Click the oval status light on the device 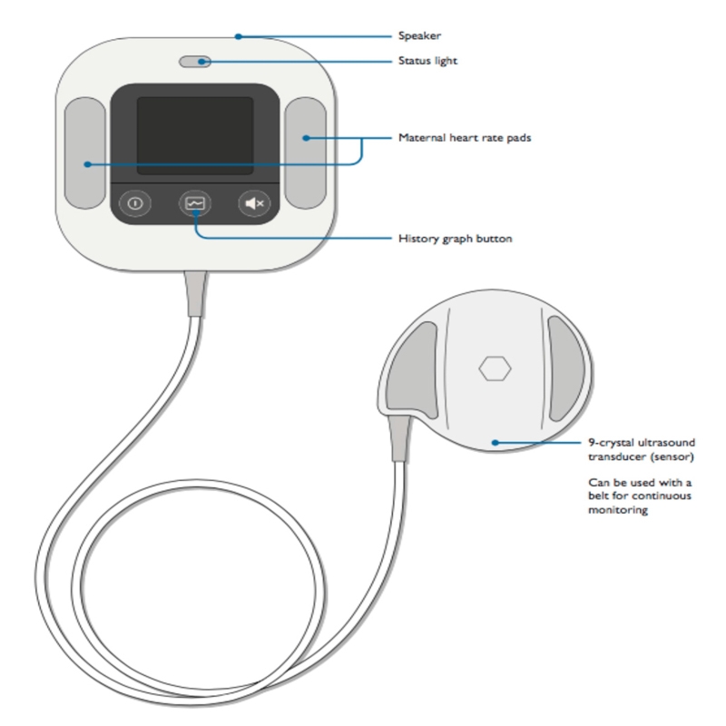pyautogui.click(x=195, y=62)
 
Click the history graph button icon pyautogui.click(x=194, y=203)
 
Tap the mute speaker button pyautogui.click(x=252, y=203)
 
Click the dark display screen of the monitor pyautogui.click(x=194, y=136)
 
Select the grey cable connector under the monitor pyautogui.click(x=195, y=292)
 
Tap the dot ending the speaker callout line pyautogui.click(x=237, y=36)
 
